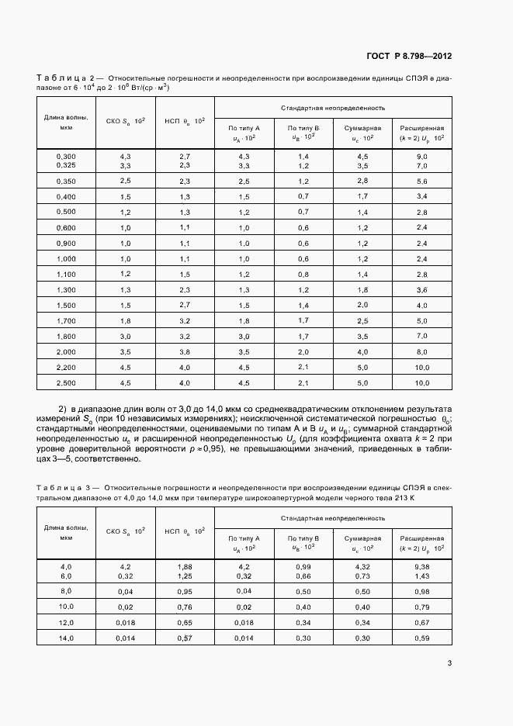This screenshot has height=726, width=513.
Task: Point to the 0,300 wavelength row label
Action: [x=66, y=156]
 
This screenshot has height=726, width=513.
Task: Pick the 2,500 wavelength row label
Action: [x=66, y=383]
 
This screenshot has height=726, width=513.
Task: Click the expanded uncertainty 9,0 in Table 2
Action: [x=421, y=156]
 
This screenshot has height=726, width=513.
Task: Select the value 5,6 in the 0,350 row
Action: [x=421, y=181]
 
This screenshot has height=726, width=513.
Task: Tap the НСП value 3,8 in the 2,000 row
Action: [x=185, y=351]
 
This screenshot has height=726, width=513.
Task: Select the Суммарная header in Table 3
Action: [x=362, y=538]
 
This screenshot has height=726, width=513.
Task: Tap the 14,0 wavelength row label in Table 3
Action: [x=66, y=638]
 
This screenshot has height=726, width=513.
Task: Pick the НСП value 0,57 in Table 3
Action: [x=185, y=638]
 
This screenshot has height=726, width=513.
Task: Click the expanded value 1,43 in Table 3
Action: [x=421, y=576]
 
